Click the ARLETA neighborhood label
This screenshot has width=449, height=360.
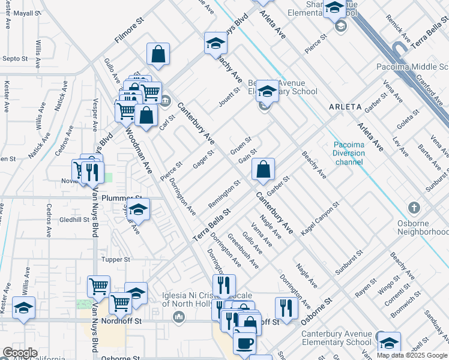pos(345,107)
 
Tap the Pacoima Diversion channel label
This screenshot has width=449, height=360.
pos(349,153)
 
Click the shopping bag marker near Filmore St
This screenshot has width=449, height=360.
pos(158,55)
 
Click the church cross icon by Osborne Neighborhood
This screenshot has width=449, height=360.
pos(414,208)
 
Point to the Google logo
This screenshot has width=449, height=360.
pos(20,353)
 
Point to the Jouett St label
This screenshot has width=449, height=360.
pos(229,96)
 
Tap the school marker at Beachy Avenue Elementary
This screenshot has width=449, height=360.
pos(268,92)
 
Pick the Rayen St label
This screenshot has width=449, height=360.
pos(365,291)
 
